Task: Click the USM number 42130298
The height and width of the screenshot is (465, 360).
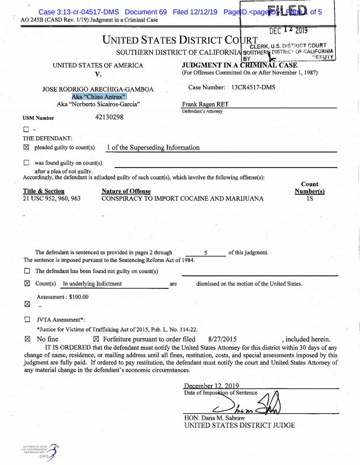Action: tap(109, 117)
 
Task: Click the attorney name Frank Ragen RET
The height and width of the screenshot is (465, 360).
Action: tap(203, 104)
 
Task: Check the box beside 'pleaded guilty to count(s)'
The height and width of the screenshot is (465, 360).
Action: tap(27, 148)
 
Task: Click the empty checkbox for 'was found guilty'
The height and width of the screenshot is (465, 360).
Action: tap(27, 163)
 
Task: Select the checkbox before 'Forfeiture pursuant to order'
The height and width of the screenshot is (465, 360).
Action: tap(96, 339)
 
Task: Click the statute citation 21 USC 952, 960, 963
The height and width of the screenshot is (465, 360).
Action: tap(51, 199)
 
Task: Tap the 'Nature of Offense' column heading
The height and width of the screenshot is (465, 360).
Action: tap(126, 191)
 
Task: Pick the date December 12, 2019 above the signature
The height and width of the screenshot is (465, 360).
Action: tap(211, 386)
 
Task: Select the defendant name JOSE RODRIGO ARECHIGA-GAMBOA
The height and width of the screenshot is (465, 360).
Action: tap(98, 89)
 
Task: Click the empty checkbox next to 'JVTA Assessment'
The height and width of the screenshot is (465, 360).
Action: tap(27, 319)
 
